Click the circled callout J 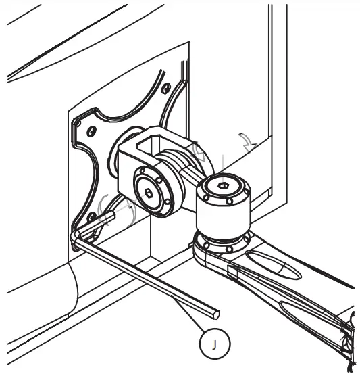pyautogui.click(x=215, y=344)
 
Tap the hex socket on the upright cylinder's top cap pyautogui.click(x=222, y=185)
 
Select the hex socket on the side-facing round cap pyautogui.click(x=149, y=193)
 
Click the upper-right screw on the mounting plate pyautogui.click(x=165, y=88)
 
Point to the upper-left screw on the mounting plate pyautogui.click(x=91, y=131)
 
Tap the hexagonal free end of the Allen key pyautogui.click(x=216, y=314)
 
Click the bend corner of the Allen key pyautogui.click(x=76, y=235)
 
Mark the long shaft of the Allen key pyautogui.click(x=147, y=275)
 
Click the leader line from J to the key pyautogui.click(x=188, y=314)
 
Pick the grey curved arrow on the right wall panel pyautogui.click(x=249, y=142)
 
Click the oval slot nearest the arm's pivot pyautogui.click(x=273, y=265)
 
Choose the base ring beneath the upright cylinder pyautogui.click(x=222, y=243)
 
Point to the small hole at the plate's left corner pyautogui.click(x=78, y=124)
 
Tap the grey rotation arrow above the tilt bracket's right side pyautogui.click(x=198, y=151)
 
